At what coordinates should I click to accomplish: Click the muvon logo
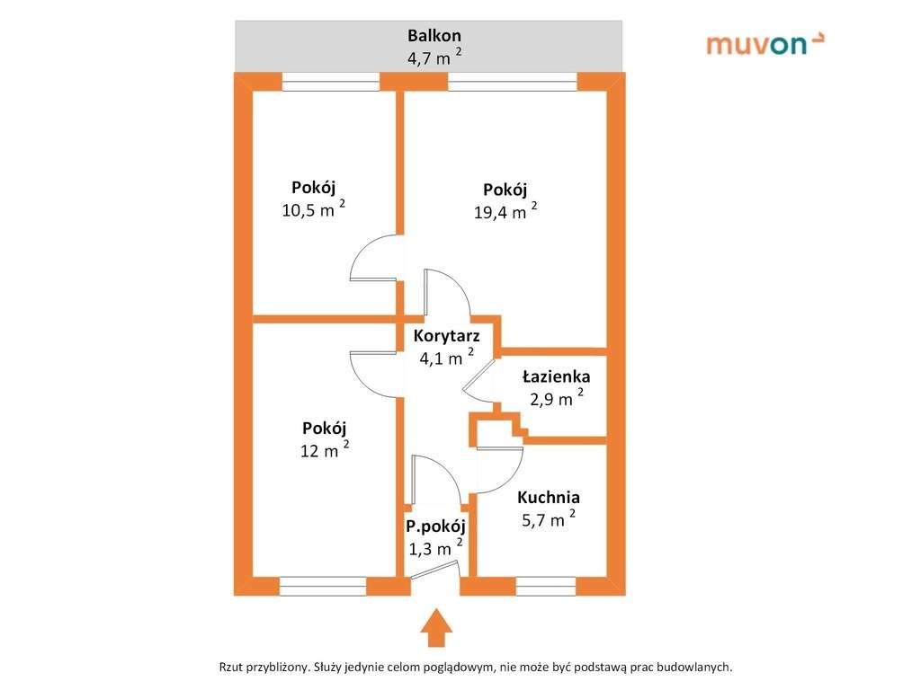point(765,43)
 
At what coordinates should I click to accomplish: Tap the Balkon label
point(434,35)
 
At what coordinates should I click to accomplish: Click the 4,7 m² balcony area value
point(434,57)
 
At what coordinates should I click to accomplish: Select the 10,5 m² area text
point(313,208)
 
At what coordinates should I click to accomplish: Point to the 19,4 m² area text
point(505,211)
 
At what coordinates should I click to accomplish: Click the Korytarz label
point(446,336)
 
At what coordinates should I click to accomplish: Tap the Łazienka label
point(556,376)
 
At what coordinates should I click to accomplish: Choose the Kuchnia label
point(549,498)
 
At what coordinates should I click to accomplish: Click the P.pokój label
point(436,526)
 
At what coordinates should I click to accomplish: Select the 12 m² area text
point(325,450)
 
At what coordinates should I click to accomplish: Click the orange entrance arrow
point(436,628)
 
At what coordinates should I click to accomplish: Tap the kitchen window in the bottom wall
point(546,586)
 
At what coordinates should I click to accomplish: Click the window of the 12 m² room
point(323,586)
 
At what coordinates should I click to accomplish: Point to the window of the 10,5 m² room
point(331,82)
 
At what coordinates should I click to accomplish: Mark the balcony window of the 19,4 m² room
point(512,82)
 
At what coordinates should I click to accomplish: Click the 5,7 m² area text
point(549,519)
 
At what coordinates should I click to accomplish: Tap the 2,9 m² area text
point(556,398)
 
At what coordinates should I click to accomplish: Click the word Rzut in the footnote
point(231,668)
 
